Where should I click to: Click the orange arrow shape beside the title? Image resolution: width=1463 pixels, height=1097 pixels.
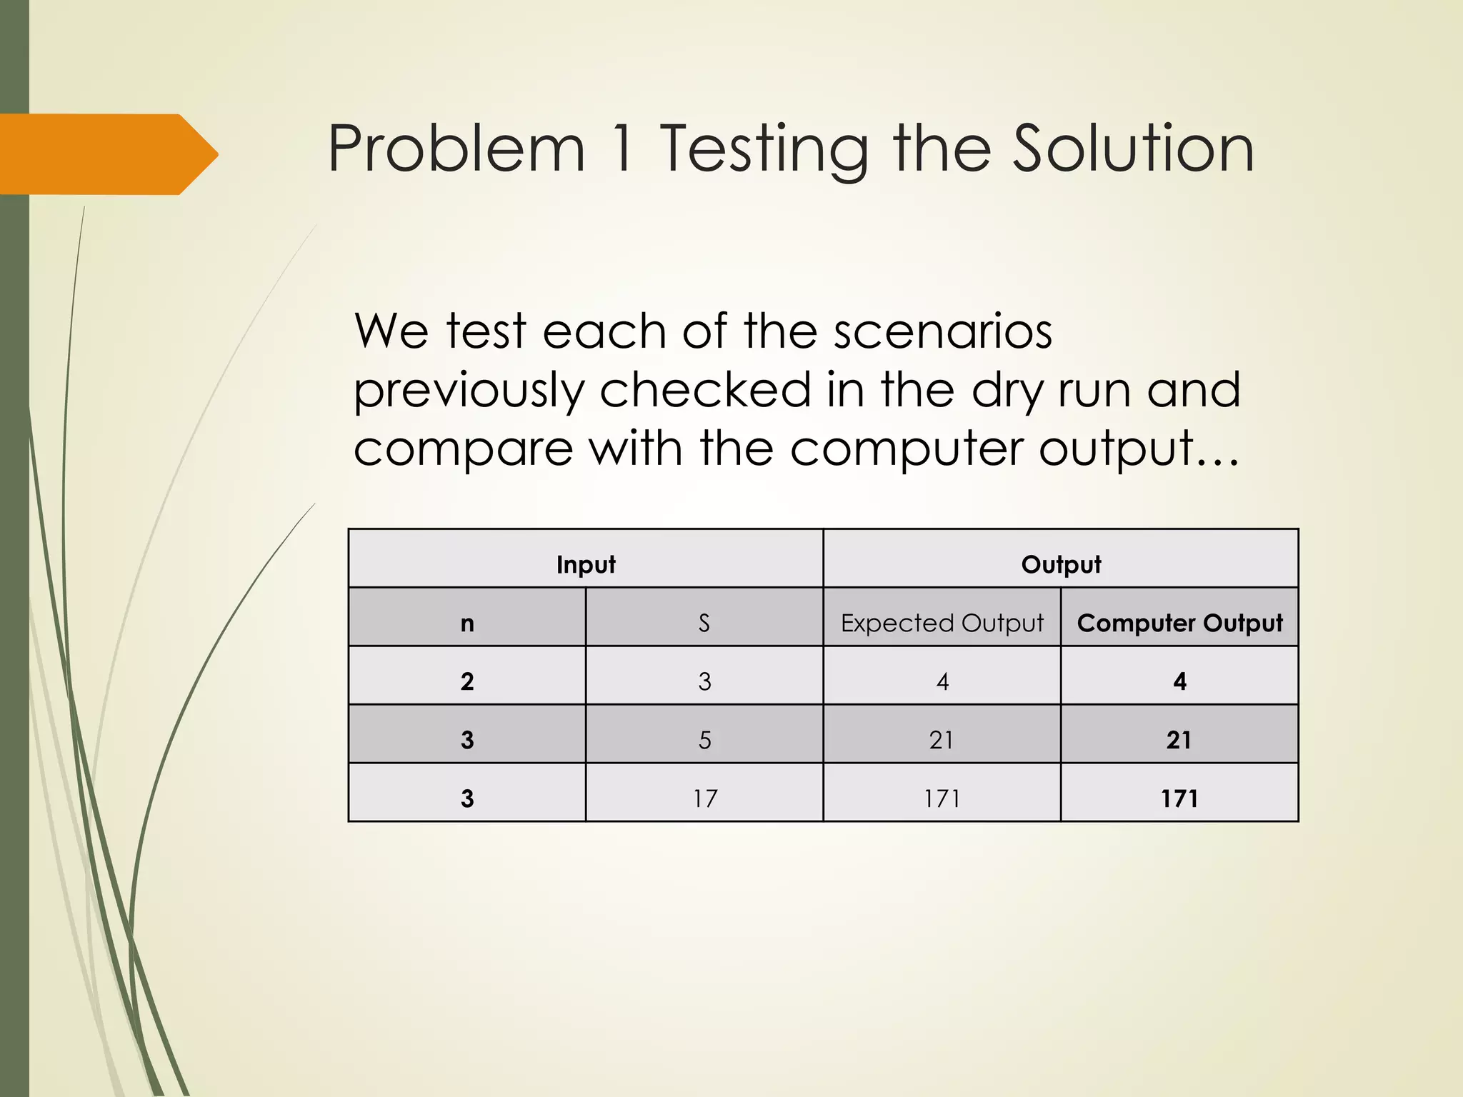pos(107,154)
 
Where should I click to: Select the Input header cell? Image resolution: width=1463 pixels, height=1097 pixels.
pos(585,564)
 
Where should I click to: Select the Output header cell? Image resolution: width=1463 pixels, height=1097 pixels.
pos(1061,564)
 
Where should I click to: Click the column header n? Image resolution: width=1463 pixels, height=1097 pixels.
pos(467,623)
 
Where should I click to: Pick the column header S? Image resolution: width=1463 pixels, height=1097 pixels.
pos(704,623)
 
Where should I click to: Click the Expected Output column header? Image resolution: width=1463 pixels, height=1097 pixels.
pos(942,623)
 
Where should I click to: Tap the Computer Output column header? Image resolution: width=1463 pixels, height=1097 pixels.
pos(1179,623)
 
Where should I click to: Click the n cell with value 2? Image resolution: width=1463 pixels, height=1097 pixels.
pos(467,681)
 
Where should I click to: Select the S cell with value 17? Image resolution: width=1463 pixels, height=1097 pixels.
pos(704,798)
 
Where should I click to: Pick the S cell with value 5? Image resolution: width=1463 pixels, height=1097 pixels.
pos(704,740)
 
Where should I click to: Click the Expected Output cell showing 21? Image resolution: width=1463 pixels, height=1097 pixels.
pos(942,740)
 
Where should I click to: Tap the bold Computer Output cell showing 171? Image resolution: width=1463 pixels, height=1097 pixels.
pos(1179,798)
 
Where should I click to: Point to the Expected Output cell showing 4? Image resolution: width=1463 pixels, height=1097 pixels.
pos(942,681)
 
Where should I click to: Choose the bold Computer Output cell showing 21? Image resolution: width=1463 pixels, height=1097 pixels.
pos(1179,740)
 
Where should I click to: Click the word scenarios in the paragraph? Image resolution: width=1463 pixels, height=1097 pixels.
pos(943,331)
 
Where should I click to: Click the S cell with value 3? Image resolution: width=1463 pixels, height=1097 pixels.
pos(704,681)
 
